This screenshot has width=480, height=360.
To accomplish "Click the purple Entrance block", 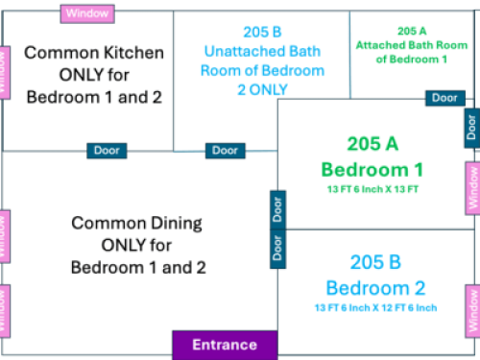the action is [225, 346].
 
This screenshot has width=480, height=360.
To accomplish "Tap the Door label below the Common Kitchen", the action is [107, 151].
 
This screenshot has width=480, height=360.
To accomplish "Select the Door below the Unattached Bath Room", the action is [226, 151].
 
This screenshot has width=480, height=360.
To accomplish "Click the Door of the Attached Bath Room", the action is [445, 98].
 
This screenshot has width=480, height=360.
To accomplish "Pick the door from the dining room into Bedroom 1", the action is [277, 210].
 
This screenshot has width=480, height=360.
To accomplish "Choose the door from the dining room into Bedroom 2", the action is [277, 249].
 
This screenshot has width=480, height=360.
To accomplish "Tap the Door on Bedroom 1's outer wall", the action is [472, 128].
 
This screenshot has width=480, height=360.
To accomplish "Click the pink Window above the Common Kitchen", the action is [87, 13].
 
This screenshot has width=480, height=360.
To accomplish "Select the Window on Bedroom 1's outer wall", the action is [473, 188].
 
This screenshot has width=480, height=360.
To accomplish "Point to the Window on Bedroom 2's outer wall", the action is [473, 311].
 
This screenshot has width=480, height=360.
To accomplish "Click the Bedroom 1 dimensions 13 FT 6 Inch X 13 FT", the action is [372, 189].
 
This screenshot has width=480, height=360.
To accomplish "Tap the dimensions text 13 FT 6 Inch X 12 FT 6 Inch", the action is [375, 308].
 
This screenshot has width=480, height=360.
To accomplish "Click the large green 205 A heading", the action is [372, 144].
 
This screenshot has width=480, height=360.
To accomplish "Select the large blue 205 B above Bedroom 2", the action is [375, 262].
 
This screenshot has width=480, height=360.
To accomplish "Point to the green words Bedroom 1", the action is [372, 170].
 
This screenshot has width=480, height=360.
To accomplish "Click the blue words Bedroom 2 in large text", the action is [375, 288].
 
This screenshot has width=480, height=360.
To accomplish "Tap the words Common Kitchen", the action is [94, 53].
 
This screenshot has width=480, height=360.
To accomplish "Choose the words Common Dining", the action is [136, 224].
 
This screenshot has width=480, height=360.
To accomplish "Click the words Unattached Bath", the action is [262, 52].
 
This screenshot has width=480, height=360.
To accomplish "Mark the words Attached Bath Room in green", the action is [412, 45].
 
